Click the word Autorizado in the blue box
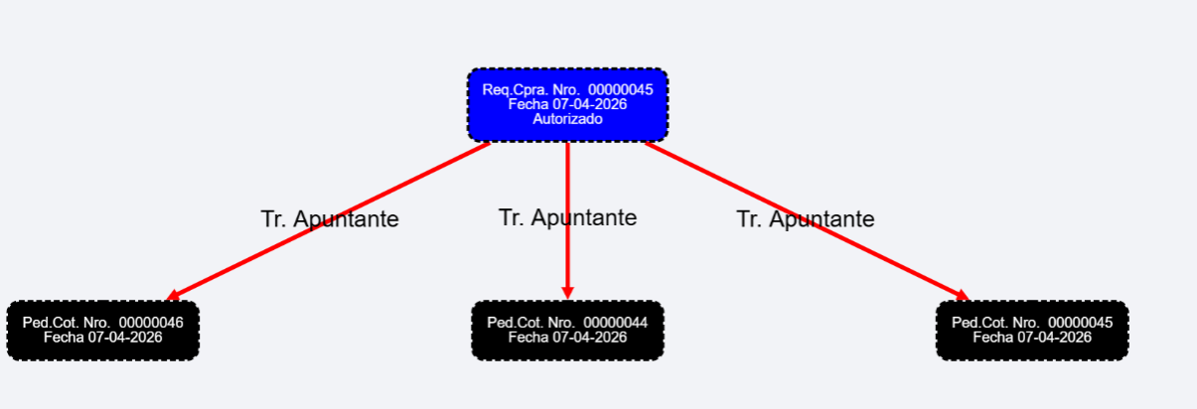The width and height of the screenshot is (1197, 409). [x=567, y=119]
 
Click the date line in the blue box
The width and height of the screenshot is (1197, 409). [x=567, y=104]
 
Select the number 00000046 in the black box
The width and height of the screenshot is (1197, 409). [x=151, y=323]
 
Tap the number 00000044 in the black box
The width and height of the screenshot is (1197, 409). [x=615, y=323]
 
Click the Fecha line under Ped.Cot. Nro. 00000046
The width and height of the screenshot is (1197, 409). [x=103, y=338]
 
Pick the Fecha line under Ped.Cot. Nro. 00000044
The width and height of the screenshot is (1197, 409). [x=567, y=338]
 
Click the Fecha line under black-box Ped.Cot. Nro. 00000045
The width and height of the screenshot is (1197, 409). [x=1032, y=338]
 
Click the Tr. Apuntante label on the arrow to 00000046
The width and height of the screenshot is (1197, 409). [x=330, y=219]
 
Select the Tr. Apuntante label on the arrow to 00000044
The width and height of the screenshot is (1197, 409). [x=567, y=217]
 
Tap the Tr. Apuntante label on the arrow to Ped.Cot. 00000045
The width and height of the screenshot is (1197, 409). [x=806, y=219]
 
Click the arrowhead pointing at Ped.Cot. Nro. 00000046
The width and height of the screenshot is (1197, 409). [x=172, y=295]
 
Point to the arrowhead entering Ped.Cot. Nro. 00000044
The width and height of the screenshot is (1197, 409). [x=567, y=293]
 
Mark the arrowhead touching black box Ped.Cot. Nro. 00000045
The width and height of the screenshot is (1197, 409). [x=963, y=295]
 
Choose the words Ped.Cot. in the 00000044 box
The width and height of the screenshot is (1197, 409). [x=513, y=323]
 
